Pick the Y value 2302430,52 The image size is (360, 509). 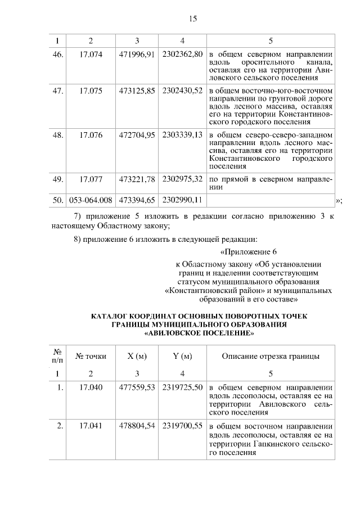pos(182,90)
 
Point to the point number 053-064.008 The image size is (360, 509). pos(90,200)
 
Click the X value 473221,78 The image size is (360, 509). pos(137,179)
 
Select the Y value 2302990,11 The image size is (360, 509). pos(182,200)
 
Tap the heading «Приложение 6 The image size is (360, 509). pos(249,251)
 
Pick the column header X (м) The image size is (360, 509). pos(137,356)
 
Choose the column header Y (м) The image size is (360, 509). pos(182,356)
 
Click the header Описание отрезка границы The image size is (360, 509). pos(271,356)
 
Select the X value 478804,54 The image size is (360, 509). pos(137,426)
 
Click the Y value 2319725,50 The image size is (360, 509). pos(182,388)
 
